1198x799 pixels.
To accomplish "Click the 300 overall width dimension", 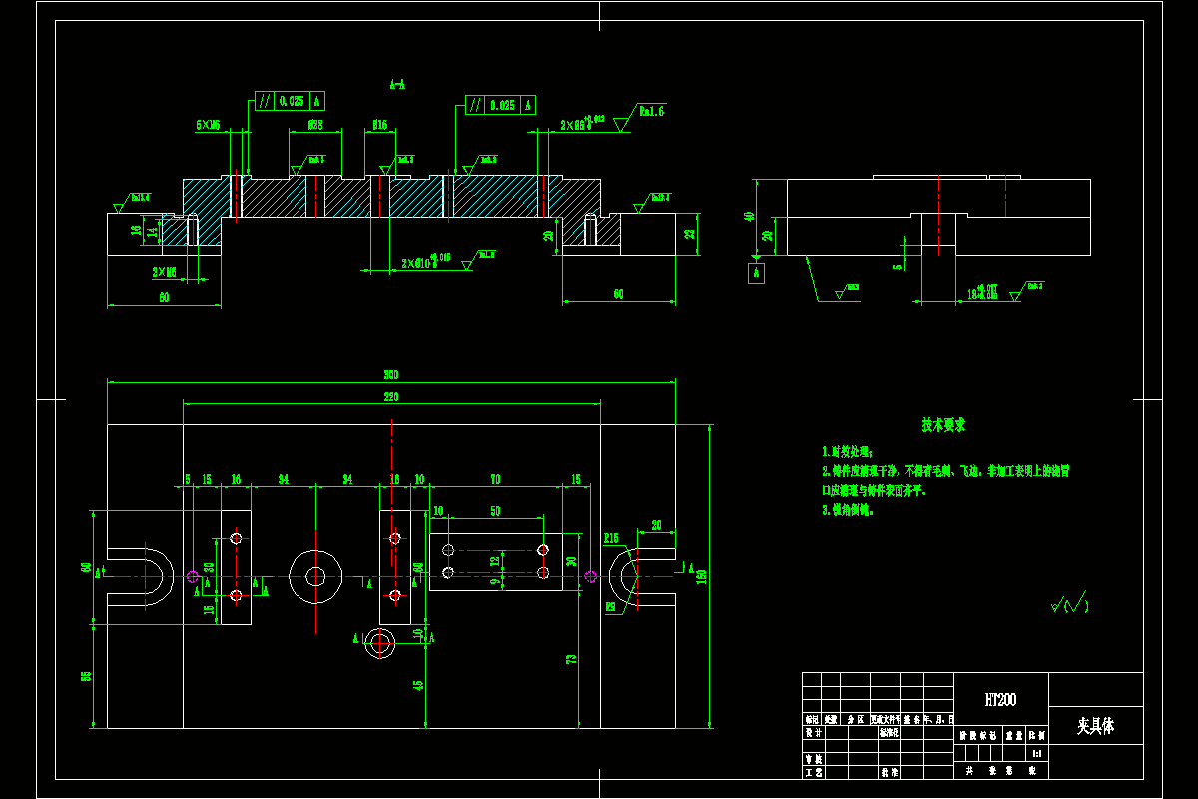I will pyautogui.click(x=391, y=375).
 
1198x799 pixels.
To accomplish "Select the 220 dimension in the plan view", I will pyautogui.click(x=391, y=398).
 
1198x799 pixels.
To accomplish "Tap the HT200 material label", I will pyautogui.click(x=1000, y=700).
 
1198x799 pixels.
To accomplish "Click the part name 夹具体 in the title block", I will pyautogui.click(x=1095, y=726).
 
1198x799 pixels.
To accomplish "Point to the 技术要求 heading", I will pyautogui.click(x=943, y=425).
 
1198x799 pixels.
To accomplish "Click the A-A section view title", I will pyautogui.click(x=397, y=85).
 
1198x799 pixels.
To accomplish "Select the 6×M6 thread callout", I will pyautogui.click(x=208, y=126).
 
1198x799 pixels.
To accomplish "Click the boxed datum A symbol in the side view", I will pyautogui.click(x=757, y=271).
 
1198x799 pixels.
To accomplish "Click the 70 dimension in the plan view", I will pyautogui.click(x=494, y=480).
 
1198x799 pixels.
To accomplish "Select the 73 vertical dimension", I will pyautogui.click(x=571, y=659).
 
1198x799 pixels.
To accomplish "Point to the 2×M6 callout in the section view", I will pyautogui.click(x=165, y=272).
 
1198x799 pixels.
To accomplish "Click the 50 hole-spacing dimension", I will pyautogui.click(x=495, y=511).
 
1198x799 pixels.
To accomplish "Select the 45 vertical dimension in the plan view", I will pyautogui.click(x=417, y=685).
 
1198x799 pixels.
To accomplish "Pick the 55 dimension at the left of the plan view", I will pyautogui.click(x=86, y=676).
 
